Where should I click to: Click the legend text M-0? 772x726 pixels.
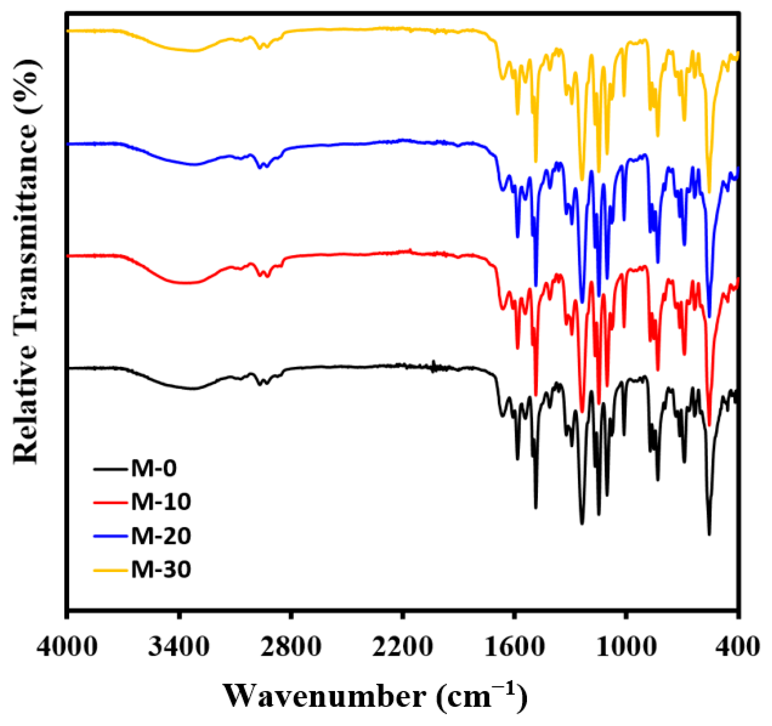(x=154, y=468)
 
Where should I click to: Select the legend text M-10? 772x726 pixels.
(x=161, y=502)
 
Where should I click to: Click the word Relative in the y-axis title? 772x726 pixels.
(x=27, y=411)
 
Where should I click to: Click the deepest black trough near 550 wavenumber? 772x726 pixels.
(x=709, y=534)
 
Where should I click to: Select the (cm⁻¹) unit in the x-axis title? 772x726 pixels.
(x=481, y=695)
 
